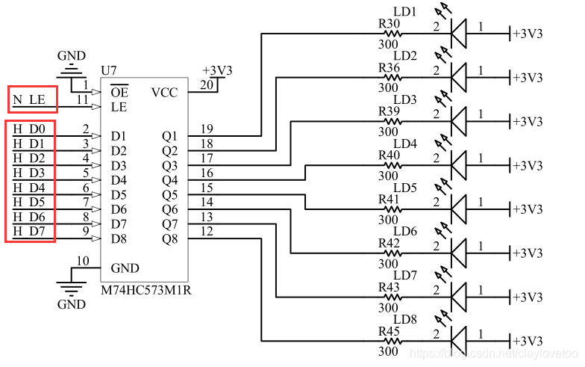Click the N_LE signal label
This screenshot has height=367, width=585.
click(28, 99)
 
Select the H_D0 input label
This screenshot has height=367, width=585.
click(28, 129)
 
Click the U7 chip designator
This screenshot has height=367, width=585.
click(109, 70)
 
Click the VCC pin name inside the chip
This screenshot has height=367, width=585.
click(165, 93)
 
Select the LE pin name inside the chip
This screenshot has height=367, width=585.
click(117, 107)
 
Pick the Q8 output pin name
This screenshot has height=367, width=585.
click(170, 239)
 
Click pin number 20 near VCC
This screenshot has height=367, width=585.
click(207, 84)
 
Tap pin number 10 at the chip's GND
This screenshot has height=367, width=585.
click(83, 261)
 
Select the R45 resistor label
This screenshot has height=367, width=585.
click(389, 331)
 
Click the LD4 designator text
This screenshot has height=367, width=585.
click(404, 144)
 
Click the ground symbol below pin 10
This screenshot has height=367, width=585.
click(72, 288)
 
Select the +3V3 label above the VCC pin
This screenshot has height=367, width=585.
click(217, 70)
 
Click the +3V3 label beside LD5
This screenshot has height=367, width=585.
click(528, 210)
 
